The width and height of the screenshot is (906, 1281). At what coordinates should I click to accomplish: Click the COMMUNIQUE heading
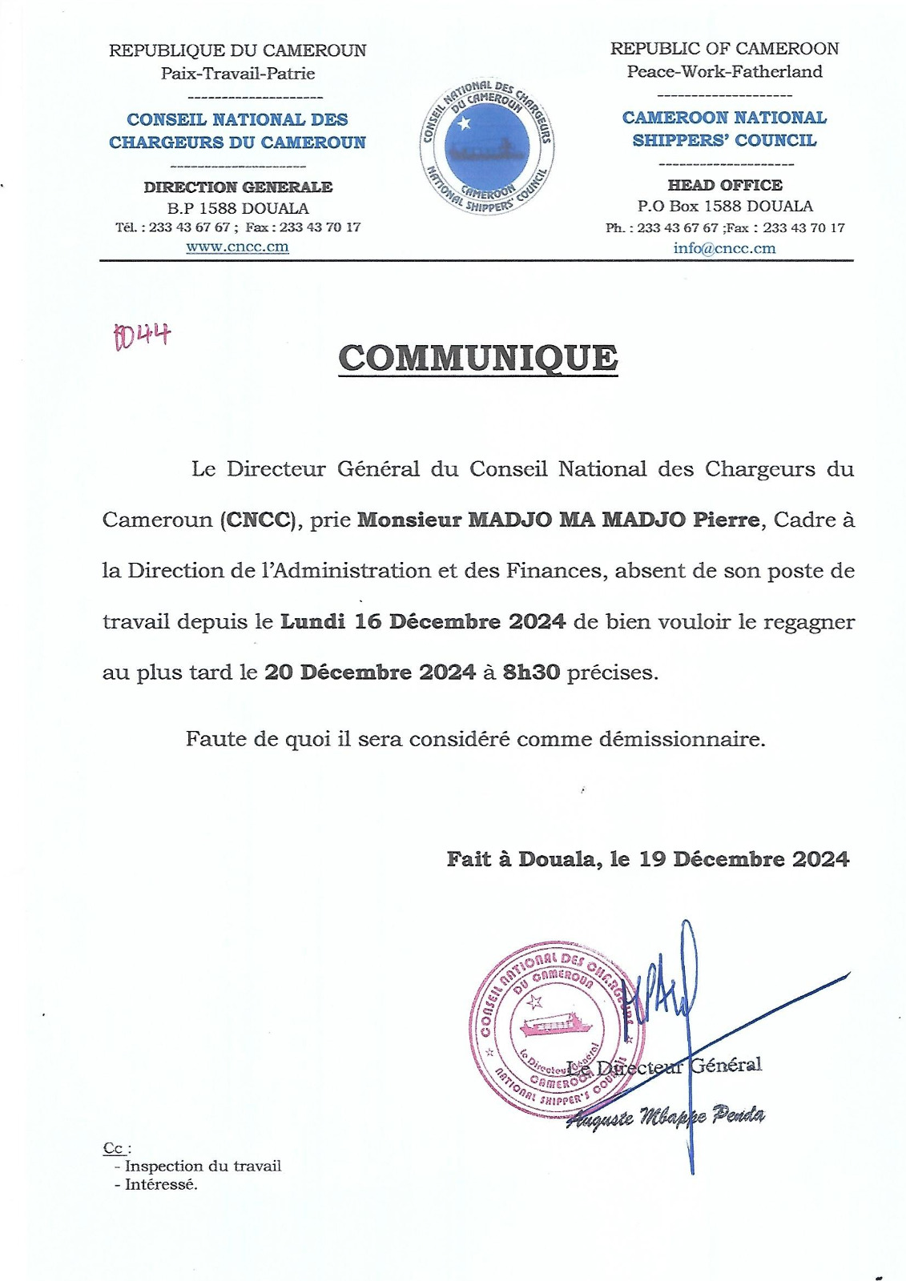point(478,358)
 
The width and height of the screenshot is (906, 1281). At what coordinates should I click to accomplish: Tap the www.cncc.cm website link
point(237,247)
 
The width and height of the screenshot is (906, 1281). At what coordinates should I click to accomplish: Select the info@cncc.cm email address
point(724,247)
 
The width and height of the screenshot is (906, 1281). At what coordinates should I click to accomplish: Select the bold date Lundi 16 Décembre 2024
point(423,621)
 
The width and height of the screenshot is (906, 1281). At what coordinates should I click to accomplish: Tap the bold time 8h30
point(530,672)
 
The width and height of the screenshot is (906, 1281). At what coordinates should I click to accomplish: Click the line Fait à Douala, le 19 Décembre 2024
point(647,859)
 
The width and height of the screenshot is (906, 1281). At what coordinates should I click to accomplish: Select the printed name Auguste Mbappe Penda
point(666,1116)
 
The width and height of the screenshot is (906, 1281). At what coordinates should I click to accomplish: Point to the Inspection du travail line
point(203,1167)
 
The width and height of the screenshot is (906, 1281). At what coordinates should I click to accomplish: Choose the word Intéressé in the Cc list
point(161,1185)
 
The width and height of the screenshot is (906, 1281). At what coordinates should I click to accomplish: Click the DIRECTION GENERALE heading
point(238,187)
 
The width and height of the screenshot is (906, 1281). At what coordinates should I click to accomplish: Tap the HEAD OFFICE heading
point(724,185)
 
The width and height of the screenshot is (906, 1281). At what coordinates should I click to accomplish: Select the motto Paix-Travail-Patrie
point(238,74)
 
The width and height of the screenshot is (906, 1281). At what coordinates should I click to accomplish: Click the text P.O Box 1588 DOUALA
point(724,206)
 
